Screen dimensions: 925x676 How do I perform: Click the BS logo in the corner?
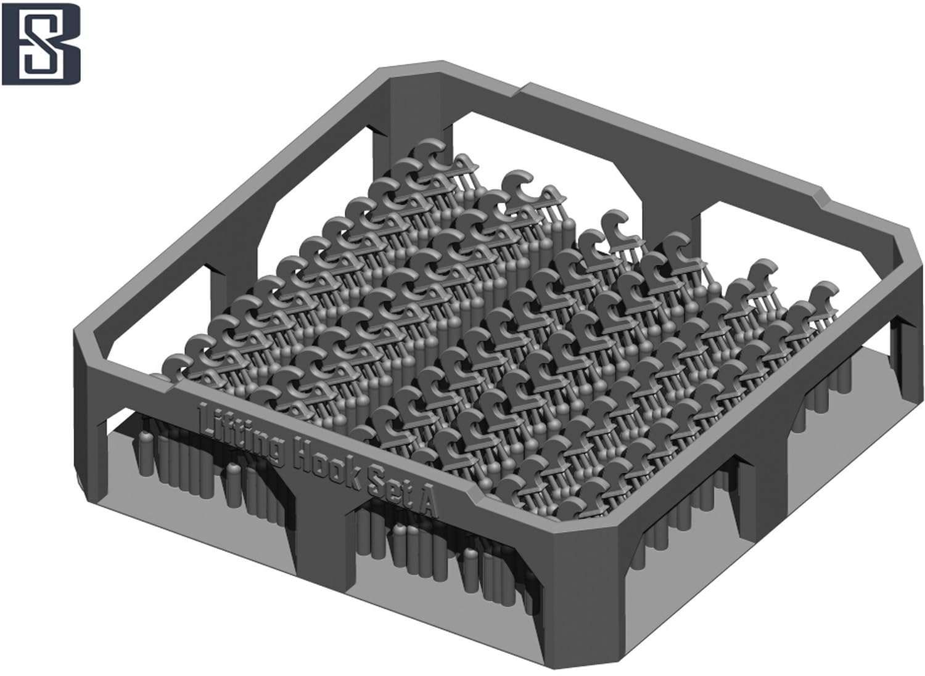pos(41,44)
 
